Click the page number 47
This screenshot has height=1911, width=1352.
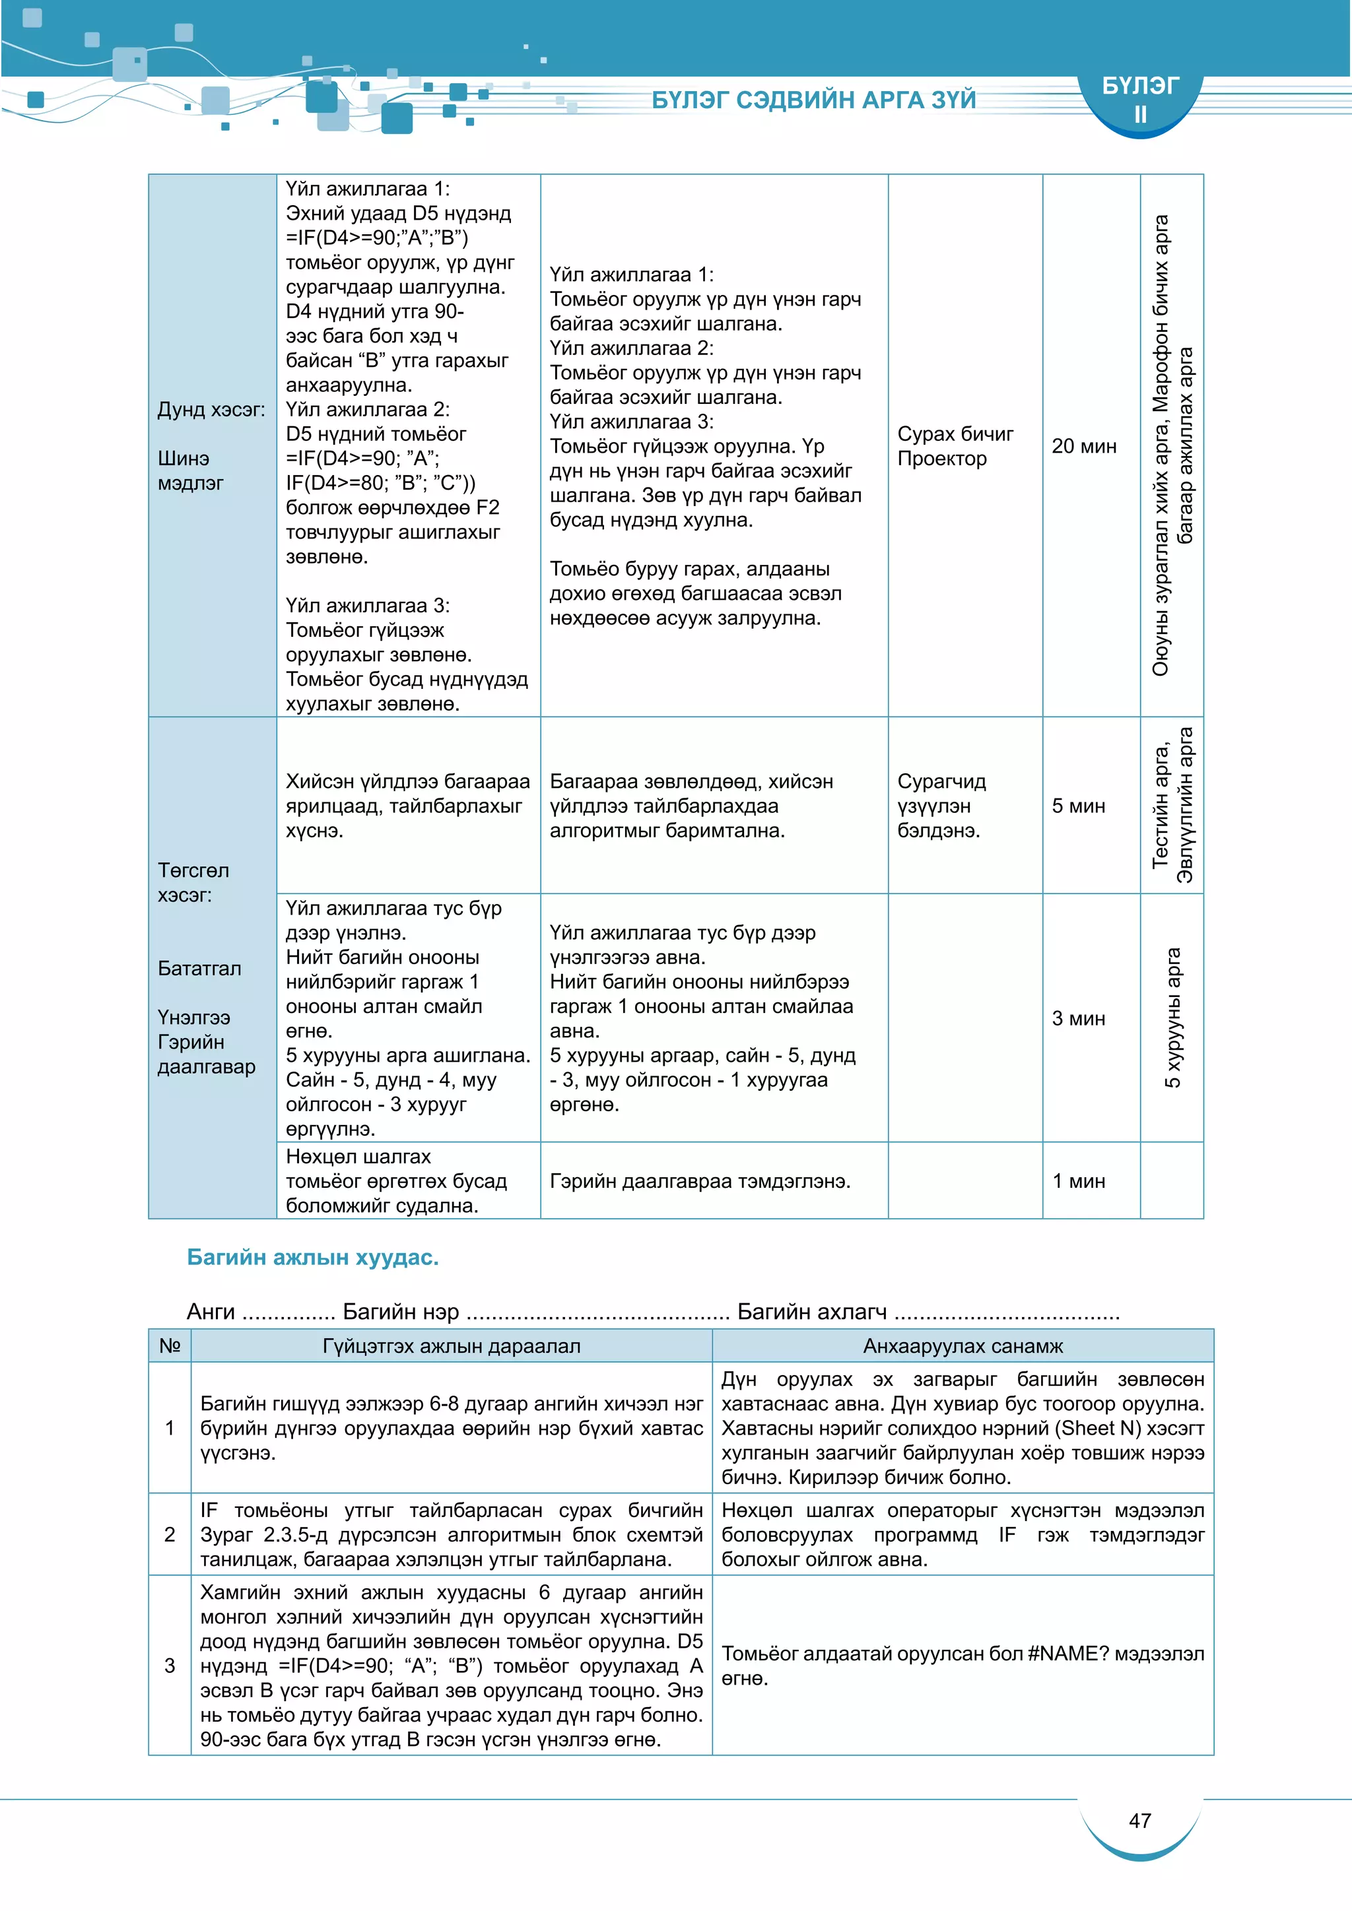coord(1139,1821)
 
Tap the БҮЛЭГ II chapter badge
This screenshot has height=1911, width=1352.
coord(1139,99)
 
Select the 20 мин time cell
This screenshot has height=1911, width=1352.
coord(1083,446)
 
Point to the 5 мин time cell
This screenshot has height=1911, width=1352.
coord(1078,806)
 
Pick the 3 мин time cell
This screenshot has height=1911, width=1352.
coord(1078,1018)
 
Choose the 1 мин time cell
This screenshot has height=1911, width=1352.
coord(1078,1181)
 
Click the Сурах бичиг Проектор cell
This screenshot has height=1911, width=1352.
coord(955,446)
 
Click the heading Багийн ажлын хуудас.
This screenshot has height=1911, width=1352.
coord(312,1257)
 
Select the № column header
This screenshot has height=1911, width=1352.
coord(170,1346)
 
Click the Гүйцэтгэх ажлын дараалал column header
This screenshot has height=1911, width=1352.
coord(452,1346)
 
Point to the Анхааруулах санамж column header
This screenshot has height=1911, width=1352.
coord(963,1346)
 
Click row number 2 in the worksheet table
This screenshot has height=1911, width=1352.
coord(170,1534)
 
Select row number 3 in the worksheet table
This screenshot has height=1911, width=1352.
coord(170,1666)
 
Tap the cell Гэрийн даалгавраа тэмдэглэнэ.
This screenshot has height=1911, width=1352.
coord(699,1181)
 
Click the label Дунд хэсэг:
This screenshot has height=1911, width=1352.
coord(211,410)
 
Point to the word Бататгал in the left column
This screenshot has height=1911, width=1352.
coord(200,968)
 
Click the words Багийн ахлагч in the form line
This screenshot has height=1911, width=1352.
coord(812,1312)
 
